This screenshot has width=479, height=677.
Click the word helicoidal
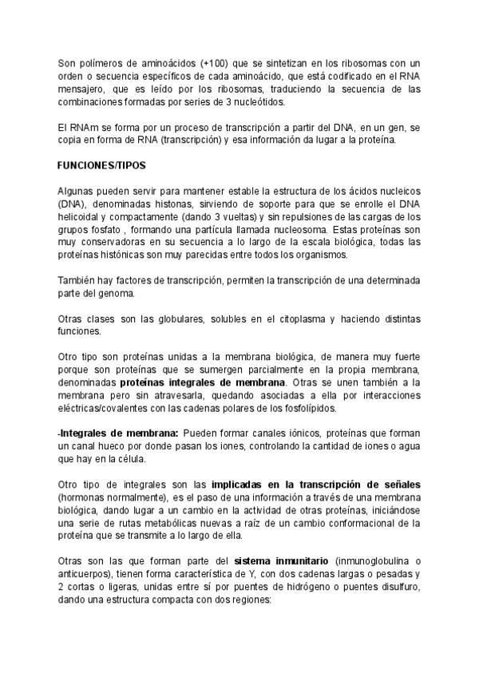(x=81, y=217)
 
